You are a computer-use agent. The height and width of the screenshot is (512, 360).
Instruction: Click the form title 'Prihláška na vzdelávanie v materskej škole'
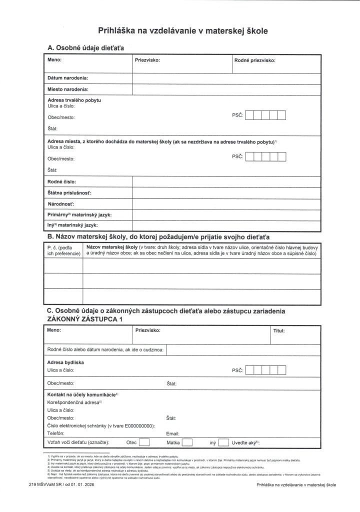183,31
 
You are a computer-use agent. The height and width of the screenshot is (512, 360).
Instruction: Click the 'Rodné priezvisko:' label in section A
255,60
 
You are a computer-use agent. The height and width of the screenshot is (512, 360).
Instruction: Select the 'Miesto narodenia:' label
68,89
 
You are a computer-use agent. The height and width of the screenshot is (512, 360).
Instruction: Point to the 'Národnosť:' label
61,203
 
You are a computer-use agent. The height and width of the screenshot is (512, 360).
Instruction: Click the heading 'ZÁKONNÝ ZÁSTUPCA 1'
84,318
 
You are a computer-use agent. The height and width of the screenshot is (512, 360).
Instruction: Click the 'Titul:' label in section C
278,330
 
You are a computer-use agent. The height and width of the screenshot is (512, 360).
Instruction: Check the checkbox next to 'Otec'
144,442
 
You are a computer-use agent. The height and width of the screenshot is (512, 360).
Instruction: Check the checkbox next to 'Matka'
187,442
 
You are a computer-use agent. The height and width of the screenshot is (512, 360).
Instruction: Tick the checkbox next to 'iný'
223,442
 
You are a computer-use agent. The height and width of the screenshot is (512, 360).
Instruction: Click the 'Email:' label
172,433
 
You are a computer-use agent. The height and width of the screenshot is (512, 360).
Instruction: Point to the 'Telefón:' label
56,433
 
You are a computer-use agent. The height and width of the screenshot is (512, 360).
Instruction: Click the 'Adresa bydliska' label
65,362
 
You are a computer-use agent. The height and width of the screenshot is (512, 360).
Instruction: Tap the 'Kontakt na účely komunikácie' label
81,394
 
